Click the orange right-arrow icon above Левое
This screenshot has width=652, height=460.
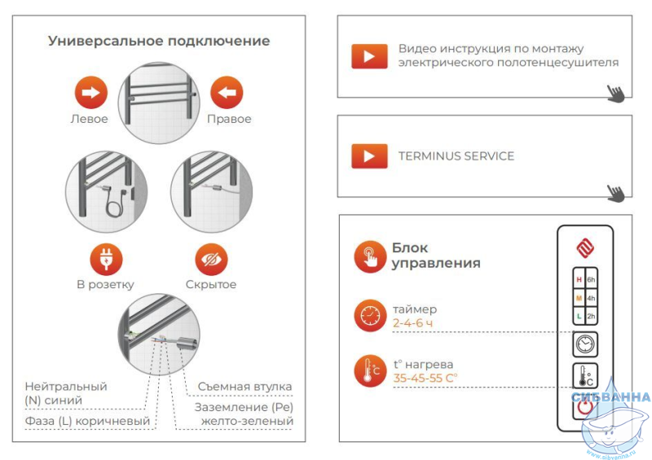coord(91,92)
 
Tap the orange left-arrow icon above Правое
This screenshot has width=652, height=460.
coord(227,92)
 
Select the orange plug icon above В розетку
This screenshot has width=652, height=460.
coord(106,259)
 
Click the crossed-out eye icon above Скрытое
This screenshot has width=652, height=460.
coord(211,259)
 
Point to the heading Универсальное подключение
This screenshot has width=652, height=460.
coord(159,41)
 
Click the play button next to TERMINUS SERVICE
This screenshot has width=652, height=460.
coord(369,156)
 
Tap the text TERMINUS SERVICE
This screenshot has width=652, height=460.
coord(456,156)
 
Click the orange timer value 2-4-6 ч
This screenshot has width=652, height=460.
coord(412,323)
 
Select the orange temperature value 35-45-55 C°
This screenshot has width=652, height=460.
coord(425,378)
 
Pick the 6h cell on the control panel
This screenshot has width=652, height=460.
coord(591,279)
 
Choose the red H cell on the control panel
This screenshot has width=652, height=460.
coord(579,279)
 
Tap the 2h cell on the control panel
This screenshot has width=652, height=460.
coord(591,316)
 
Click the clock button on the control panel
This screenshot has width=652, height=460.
coord(585,344)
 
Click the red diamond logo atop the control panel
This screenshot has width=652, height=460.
coord(585,248)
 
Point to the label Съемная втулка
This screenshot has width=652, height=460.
coord(244,387)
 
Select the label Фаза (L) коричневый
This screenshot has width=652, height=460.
coord(87,421)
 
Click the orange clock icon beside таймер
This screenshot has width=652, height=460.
coord(370,315)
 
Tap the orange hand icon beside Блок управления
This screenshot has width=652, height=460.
coord(370,256)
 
